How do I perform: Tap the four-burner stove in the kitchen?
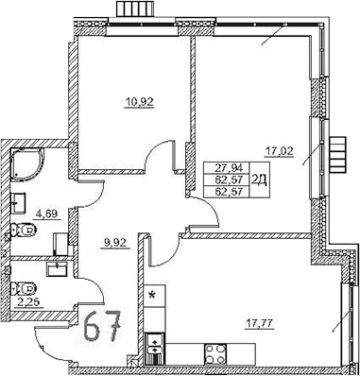(214, 356)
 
